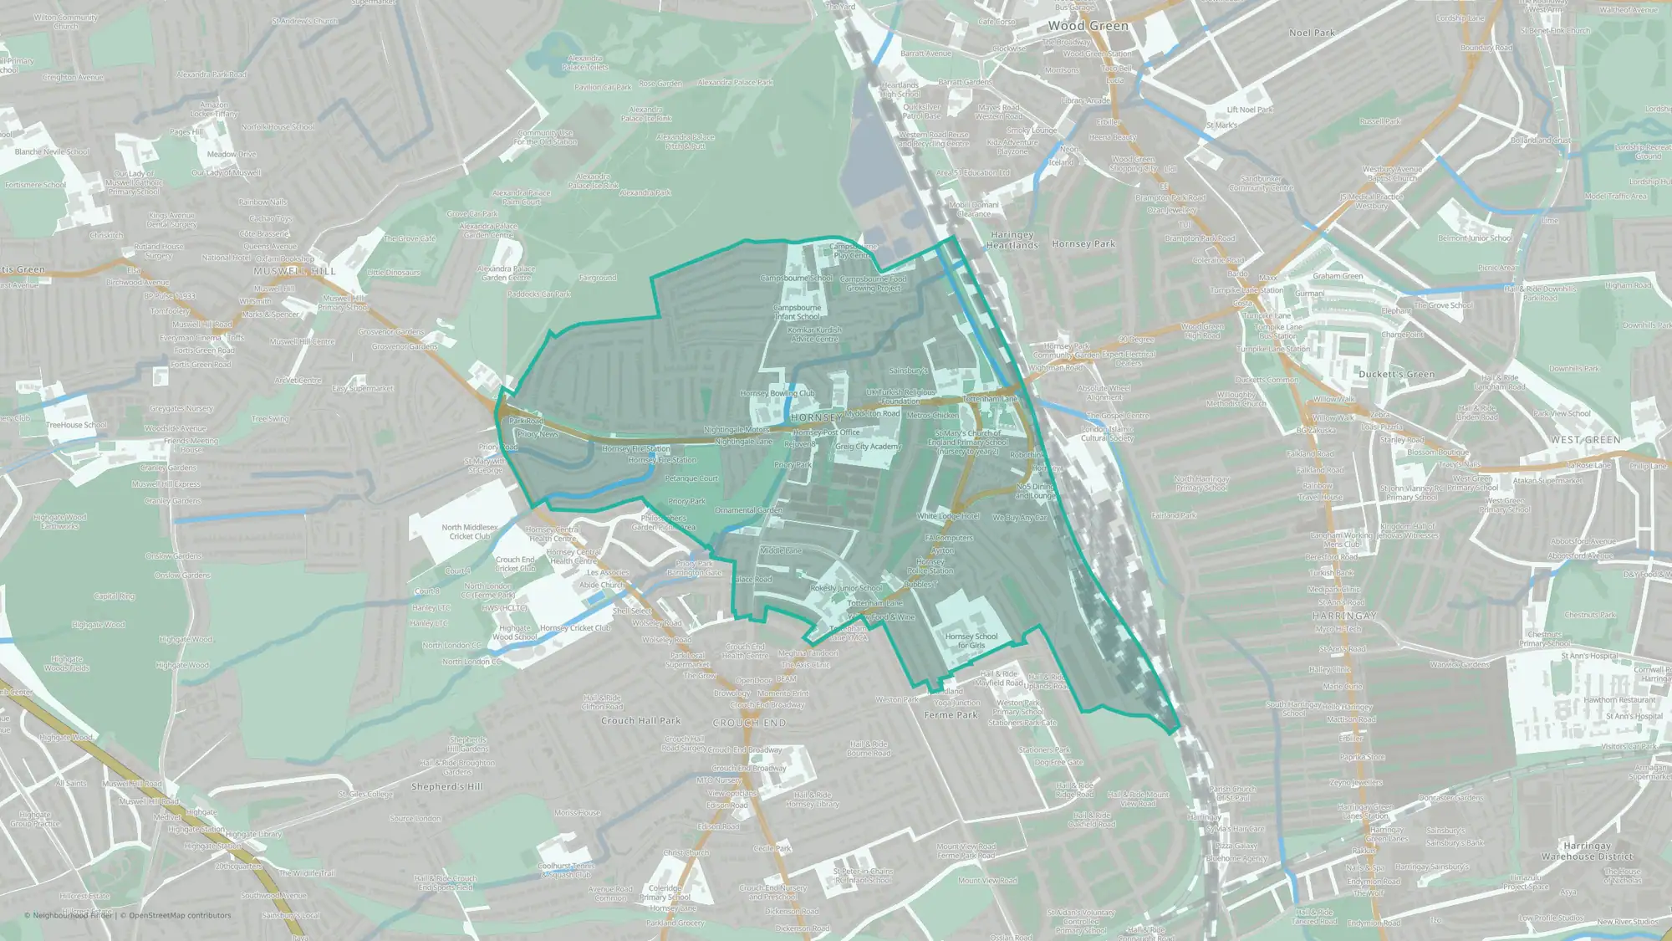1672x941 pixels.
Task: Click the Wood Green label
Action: (1088, 26)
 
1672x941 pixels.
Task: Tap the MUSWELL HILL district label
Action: (294, 271)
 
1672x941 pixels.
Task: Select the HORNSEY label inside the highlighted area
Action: (816, 417)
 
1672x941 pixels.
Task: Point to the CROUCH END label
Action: (749, 723)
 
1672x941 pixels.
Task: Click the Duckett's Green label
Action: (1396, 374)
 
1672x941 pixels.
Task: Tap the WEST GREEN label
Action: (1585, 440)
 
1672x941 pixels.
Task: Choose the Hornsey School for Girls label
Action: (971, 641)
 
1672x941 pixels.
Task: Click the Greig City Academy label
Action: (869, 447)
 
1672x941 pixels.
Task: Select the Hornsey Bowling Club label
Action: (777, 393)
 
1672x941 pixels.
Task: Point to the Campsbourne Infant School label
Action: (798, 312)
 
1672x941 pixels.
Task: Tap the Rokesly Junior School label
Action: (846, 588)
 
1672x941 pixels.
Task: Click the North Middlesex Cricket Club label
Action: (470, 532)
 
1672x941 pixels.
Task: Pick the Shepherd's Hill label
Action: (447, 786)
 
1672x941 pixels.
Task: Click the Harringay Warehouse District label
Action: (1587, 852)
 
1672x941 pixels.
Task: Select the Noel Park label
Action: (1312, 33)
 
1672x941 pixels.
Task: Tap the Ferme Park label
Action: (951, 715)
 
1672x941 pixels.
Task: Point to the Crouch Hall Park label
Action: (640, 720)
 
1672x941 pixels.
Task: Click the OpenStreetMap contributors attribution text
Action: (180, 915)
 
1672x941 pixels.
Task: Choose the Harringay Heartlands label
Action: (1012, 240)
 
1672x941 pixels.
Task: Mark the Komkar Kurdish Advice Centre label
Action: (814, 334)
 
